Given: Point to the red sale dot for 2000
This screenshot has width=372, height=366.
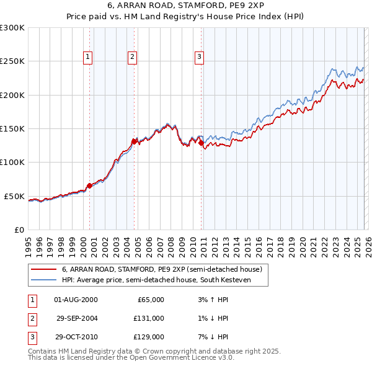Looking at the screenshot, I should point(89,185).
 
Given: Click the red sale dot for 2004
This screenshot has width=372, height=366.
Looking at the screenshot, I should point(135,141).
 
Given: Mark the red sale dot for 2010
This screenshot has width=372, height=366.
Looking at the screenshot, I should point(201,143).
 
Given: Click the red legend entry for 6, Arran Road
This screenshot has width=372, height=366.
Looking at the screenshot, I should point(162,269).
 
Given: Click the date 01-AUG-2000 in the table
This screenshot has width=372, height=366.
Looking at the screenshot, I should point(76,300).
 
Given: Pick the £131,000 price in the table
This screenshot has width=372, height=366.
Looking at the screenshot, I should point(149,318).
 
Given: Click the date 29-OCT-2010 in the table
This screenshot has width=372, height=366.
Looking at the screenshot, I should point(76,337).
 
